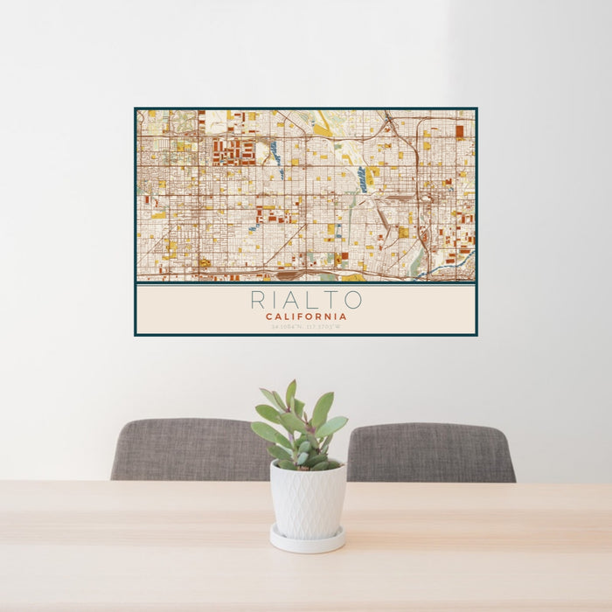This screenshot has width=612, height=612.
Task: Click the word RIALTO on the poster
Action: tap(306, 300)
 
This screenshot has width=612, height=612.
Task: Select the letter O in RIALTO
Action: tap(353, 300)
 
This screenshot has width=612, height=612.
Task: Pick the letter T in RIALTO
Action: tap(333, 300)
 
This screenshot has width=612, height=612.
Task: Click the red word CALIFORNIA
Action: tap(306, 316)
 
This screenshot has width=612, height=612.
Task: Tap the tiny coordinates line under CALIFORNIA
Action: tap(306, 327)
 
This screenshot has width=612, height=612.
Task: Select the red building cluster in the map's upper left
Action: tap(233, 151)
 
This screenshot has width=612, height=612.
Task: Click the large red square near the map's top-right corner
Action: tap(459, 131)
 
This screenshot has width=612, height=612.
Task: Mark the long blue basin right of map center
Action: tap(362, 179)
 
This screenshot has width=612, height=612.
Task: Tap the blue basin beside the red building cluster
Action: tap(274, 149)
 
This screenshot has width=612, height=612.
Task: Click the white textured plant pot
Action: tap(307, 500)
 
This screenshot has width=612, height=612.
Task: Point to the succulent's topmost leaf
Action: tap(290, 393)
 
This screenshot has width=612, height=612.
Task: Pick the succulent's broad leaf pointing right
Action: tap(333, 426)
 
